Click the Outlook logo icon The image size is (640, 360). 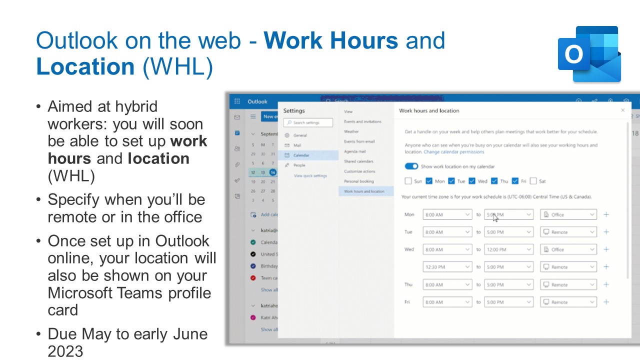[x=589, y=54]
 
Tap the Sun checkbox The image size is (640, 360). [x=408, y=181]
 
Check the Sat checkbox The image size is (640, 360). [x=533, y=181]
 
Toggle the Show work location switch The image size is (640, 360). [x=411, y=166]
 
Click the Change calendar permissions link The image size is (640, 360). [x=454, y=151]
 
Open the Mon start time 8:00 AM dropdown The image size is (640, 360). [x=447, y=214]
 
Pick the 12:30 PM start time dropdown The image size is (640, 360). [x=447, y=267]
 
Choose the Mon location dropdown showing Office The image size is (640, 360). [x=568, y=214]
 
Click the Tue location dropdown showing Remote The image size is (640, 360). [x=568, y=232]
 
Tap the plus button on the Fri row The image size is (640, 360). [x=606, y=302]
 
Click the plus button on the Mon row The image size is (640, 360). [x=606, y=214]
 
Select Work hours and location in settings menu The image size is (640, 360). [x=364, y=191]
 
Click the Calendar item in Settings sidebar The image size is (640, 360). [x=301, y=155]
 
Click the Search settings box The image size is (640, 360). [x=308, y=122]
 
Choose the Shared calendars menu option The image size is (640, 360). [x=358, y=161]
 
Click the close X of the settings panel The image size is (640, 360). [x=622, y=110]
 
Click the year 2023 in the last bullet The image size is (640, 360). [x=65, y=351]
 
